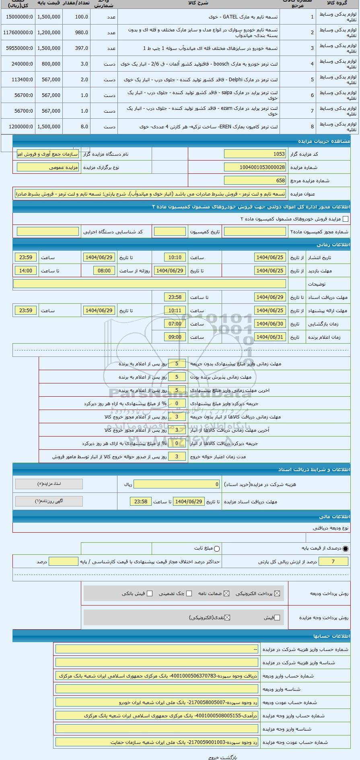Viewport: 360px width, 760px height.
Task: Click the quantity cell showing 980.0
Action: coord(81,33)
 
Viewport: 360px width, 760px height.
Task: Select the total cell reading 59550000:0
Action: coord(19,48)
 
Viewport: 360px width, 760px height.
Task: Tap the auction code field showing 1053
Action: coord(255,154)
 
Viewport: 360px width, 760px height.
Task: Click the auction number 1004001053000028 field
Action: coord(255,167)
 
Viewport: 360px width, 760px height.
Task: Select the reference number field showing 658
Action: coord(255,181)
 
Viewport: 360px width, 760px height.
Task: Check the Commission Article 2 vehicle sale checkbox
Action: coord(346,219)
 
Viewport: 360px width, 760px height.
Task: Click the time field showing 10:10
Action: coord(175,257)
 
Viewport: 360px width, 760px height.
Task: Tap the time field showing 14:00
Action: coord(26,271)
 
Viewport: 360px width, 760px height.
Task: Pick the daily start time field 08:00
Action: coord(104,271)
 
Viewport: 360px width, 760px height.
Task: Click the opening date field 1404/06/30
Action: coord(270,324)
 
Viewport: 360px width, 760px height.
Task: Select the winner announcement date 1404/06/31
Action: coord(270,337)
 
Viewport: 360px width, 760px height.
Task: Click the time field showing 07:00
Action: coord(175,324)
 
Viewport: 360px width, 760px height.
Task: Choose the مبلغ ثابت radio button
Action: coord(217,548)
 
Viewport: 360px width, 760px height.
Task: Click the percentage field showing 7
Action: coord(333,562)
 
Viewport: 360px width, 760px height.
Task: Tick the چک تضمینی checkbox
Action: coord(189,593)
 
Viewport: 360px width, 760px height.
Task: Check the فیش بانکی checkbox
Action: coord(150,593)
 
